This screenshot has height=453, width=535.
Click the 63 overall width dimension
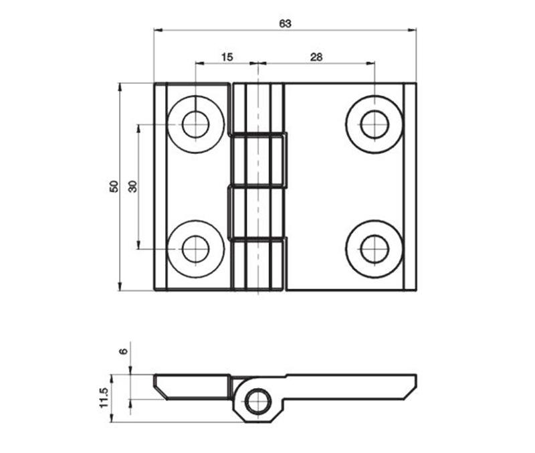[x=285, y=23]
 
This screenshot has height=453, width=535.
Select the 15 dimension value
[x=226, y=58]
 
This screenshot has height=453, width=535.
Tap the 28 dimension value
[x=316, y=58]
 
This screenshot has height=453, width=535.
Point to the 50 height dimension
[x=114, y=187]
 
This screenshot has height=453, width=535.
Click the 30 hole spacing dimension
[x=132, y=187]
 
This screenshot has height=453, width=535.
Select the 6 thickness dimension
[x=122, y=353]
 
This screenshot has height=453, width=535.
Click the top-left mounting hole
[x=195, y=124]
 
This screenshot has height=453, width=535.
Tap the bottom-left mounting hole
[x=195, y=249]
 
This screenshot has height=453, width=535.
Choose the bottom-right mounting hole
[x=374, y=249]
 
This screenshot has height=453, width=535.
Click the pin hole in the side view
[x=255, y=402]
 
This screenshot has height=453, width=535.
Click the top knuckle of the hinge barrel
[x=257, y=107]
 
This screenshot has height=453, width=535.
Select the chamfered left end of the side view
[x=160, y=387]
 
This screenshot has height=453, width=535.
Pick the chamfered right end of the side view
[x=409, y=387]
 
